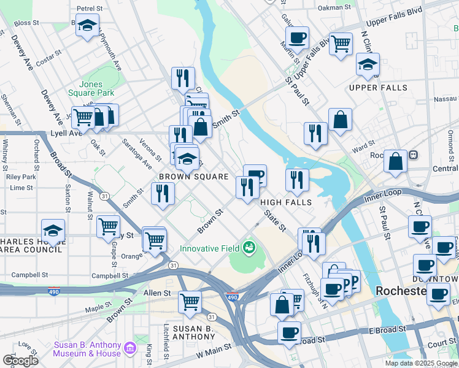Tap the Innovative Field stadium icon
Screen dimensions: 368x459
pos(249,248)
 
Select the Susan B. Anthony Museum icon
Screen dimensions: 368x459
pos(129,348)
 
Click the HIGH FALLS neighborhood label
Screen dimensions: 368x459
pos(286,202)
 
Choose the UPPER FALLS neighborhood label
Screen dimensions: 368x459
pos(378,88)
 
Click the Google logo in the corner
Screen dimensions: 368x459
pos(20,360)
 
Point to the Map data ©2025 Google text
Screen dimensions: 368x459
pos(420,363)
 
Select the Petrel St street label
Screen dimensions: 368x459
pos(89,9)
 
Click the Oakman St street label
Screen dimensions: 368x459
pos(335,8)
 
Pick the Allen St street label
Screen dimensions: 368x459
pos(156,294)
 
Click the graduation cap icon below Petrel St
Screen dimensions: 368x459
pos(87,26)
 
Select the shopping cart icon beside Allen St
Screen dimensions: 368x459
pos(190,301)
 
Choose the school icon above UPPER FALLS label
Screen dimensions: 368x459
pos(368,64)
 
